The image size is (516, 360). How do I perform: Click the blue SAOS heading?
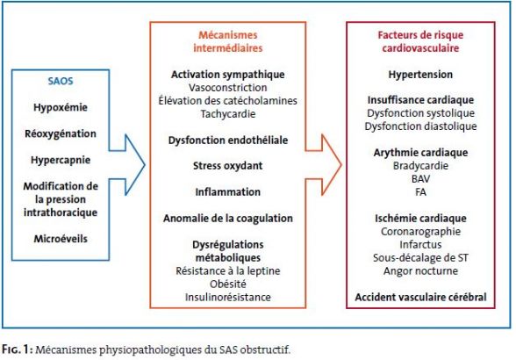tap(61, 81)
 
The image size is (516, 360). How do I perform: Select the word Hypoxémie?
tap(61, 108)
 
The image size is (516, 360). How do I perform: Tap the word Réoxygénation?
tap(61, 134)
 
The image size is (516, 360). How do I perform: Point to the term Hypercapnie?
tap(61, 160)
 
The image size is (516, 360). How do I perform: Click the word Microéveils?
tap(61, 239)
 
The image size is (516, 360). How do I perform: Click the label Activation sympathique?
tap(228, 75)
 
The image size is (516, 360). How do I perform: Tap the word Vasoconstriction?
tap(228, 88)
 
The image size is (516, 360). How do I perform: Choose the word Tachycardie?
tap(228, 114)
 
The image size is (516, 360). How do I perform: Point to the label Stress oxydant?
tap(228, 166)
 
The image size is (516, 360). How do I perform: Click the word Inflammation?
tap(228, 192)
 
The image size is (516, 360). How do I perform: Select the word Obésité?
tap(228, 284)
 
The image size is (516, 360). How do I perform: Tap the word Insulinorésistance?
tap(228, 297)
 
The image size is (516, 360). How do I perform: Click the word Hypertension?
tap(420, 75)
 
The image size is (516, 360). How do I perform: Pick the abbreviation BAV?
tap(420, 179)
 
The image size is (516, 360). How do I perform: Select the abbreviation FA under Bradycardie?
tap(420, 192)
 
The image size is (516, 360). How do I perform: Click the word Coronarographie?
tap(420, 232)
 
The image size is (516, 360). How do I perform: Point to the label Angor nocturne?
tap(420, 271)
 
